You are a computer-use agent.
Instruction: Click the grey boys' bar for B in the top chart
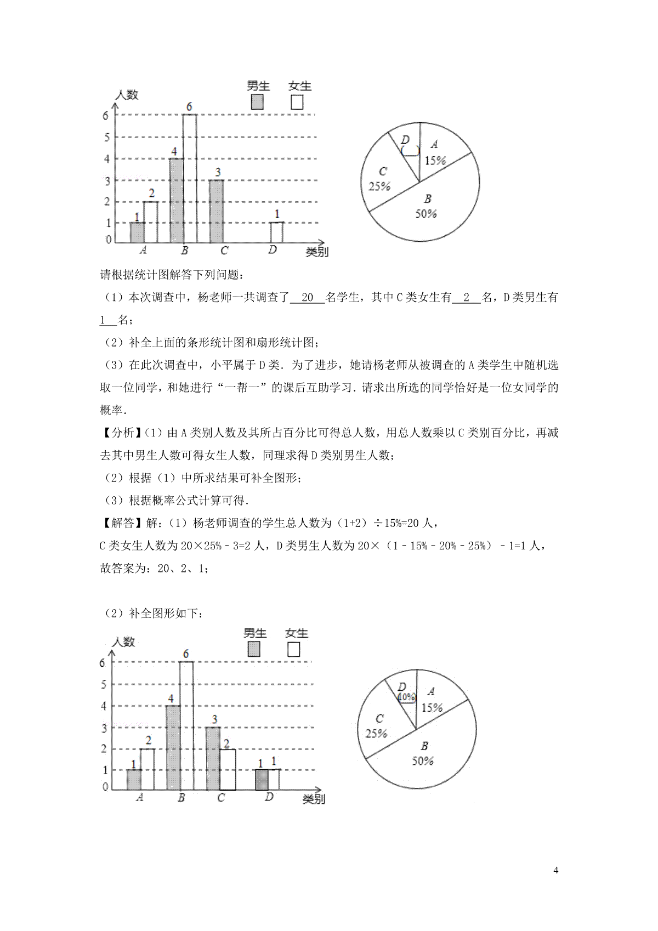[x=176, y=201]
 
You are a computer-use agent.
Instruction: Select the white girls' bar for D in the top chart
[x=277, y=232]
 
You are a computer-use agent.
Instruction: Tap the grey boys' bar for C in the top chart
[x=217, y=211]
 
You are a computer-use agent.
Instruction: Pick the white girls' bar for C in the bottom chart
[x=227, y=769]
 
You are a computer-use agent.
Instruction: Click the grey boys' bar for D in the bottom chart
[x=262, y=779]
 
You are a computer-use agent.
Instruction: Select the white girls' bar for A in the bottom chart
[x=146, y=769]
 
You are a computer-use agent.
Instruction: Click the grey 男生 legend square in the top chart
[x=256, y=103]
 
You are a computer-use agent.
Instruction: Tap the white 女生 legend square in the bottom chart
[x=293, y=650]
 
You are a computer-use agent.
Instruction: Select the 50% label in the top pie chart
[x=426, y=214]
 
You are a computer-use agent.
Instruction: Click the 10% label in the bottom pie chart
[x=406, y=697]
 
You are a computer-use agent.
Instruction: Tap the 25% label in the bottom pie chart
[x=376, y=733]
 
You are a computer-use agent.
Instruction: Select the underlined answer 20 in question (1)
[x=307, y=298]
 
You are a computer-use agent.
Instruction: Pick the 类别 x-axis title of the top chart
[x=317, y=252]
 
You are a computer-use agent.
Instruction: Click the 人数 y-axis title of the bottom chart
[x=123, y=641]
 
